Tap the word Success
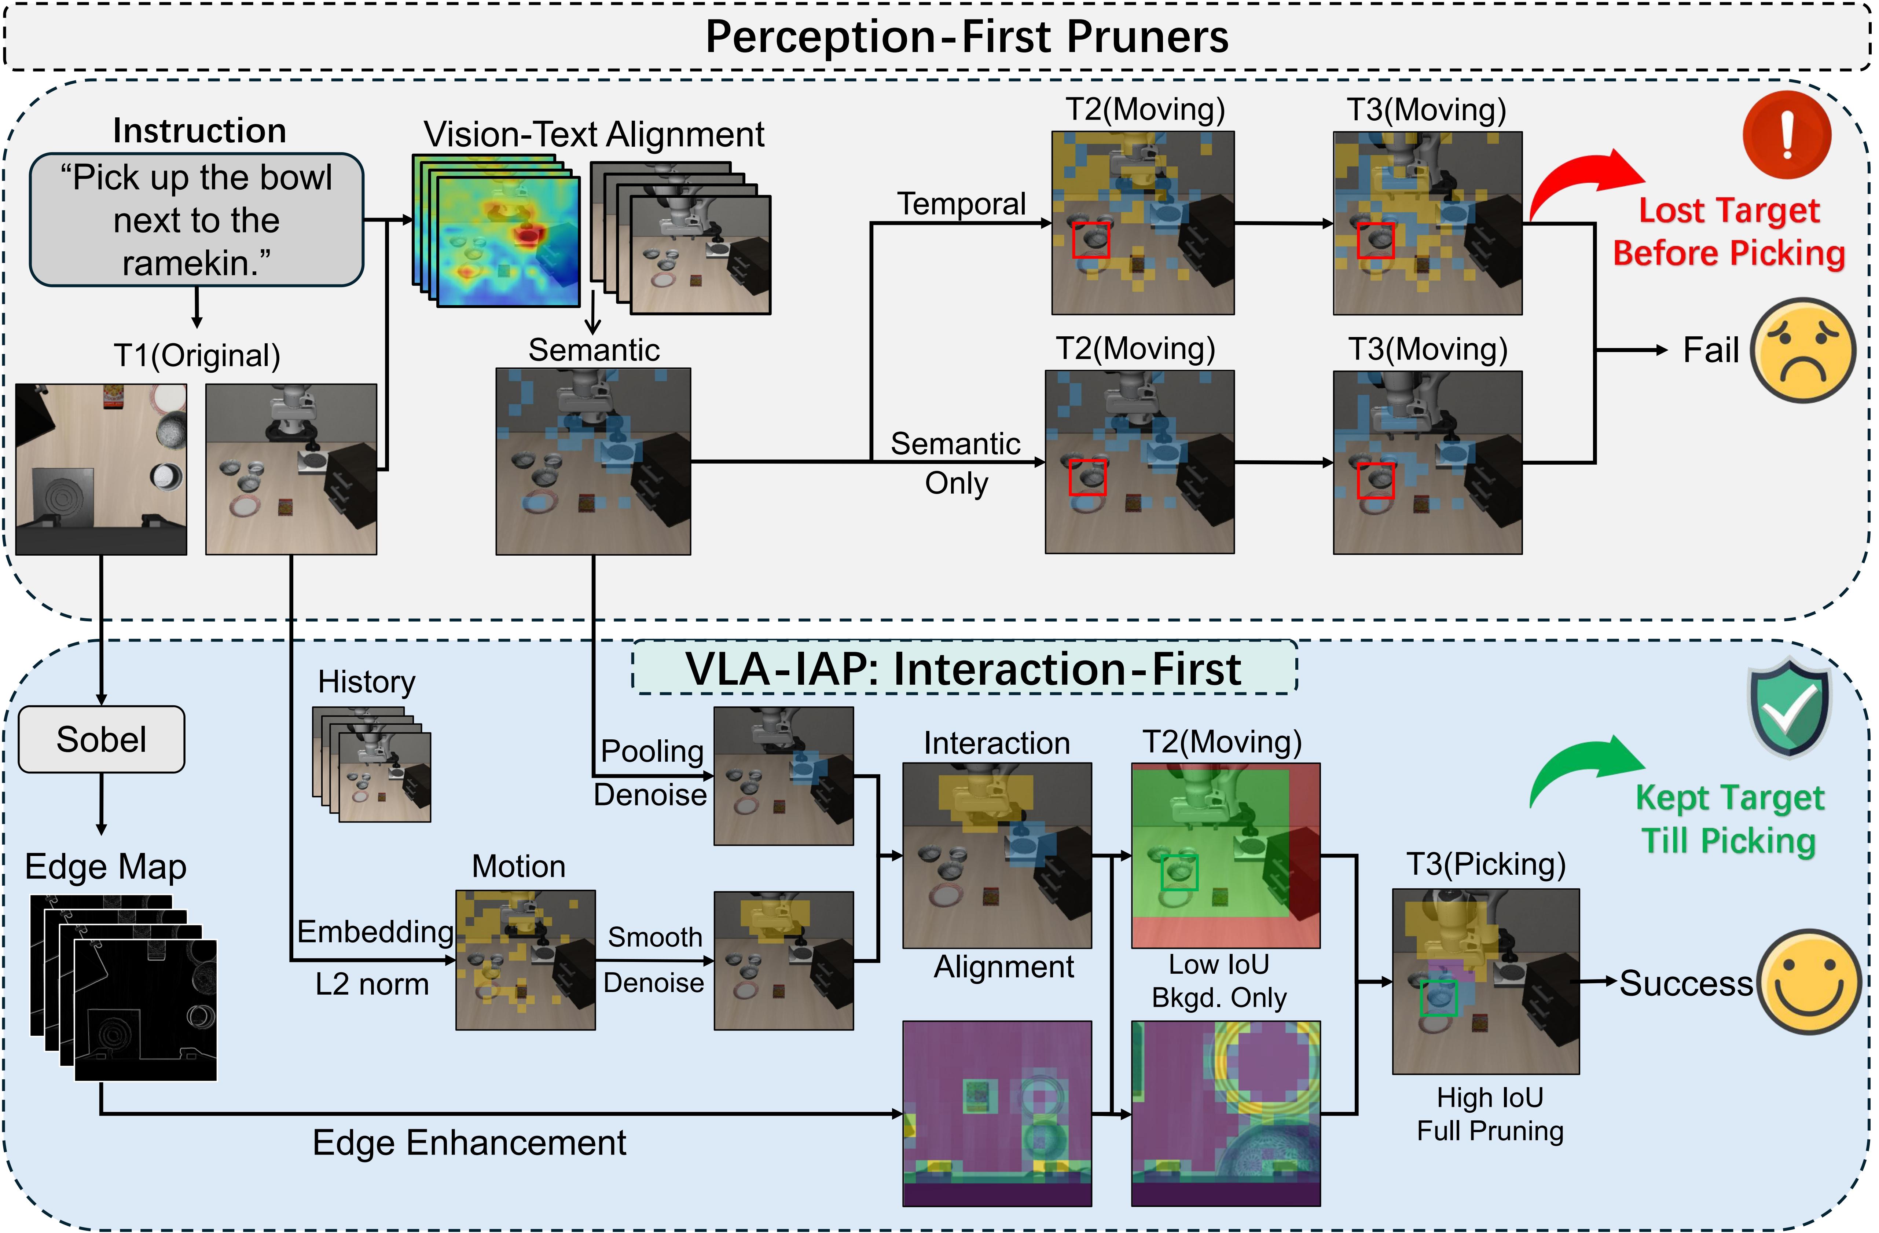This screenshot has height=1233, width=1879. [1685, 983]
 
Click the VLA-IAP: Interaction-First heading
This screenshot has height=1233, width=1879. [963, 669]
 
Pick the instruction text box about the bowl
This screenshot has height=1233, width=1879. [197, 220]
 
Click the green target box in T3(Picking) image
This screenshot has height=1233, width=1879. [1438, 998]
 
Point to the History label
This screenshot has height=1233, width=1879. [366, 682]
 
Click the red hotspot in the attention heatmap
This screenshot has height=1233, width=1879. [527, 235]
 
